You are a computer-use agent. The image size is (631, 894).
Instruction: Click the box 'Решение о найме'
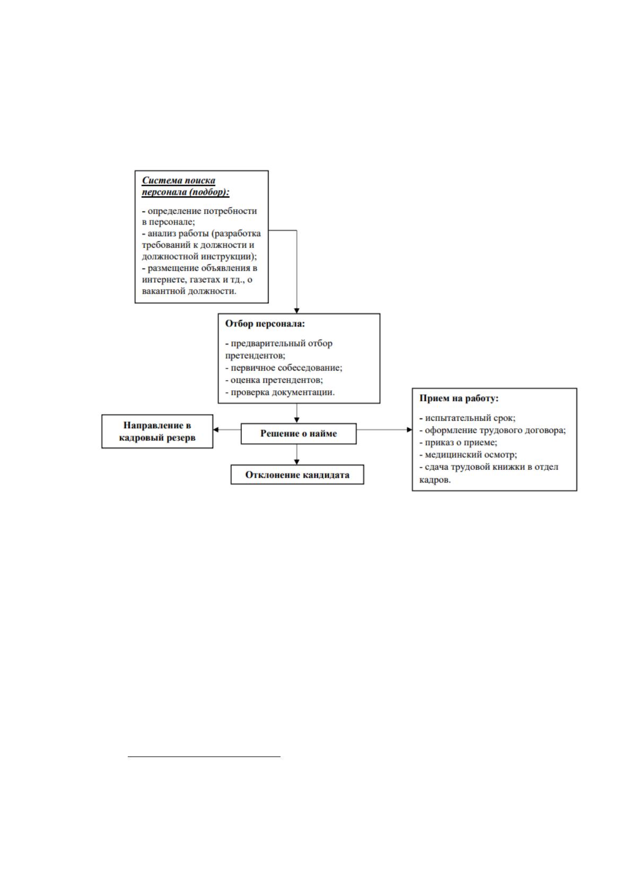(298, 433)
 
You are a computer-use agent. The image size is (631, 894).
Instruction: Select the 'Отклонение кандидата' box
(297, 475)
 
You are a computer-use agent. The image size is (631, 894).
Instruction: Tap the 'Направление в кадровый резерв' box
(157, 431)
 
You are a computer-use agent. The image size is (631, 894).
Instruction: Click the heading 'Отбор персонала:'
(265, 323)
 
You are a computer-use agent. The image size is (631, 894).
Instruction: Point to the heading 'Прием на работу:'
(459, 398)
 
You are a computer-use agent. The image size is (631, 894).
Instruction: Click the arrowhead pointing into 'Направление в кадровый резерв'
(216, 430)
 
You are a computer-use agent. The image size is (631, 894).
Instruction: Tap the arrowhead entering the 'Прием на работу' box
(409, 430)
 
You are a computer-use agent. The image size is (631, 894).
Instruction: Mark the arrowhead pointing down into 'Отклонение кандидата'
(296, 462)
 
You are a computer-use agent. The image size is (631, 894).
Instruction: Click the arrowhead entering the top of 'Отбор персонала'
(296, 311)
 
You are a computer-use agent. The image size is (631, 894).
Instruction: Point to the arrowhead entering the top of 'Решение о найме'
(296, 420)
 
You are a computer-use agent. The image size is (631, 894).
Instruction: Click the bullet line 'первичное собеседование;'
(283, 367)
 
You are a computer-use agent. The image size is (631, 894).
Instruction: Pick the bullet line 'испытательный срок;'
(467, 418)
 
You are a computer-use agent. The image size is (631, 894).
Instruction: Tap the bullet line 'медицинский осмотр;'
(468, 454)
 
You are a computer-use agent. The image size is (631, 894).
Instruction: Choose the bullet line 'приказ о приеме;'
(458, 442)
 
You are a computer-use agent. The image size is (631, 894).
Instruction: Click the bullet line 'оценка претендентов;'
(274, 380)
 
